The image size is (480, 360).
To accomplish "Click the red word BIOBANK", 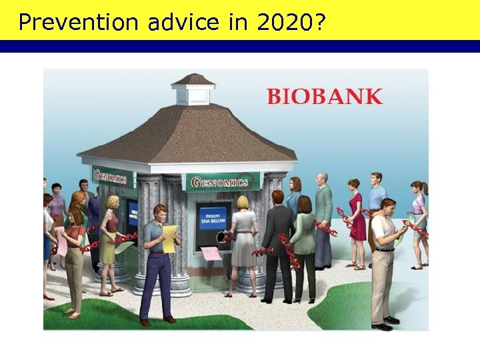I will [x=325, y=96].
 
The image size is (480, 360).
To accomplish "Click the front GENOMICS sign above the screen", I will [x=223, y=181].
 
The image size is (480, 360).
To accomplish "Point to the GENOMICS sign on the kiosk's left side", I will [x=111, y=177].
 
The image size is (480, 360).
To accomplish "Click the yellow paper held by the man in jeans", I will [x=170, y=238].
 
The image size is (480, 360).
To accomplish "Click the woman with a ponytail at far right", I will [x=418, y=220].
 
